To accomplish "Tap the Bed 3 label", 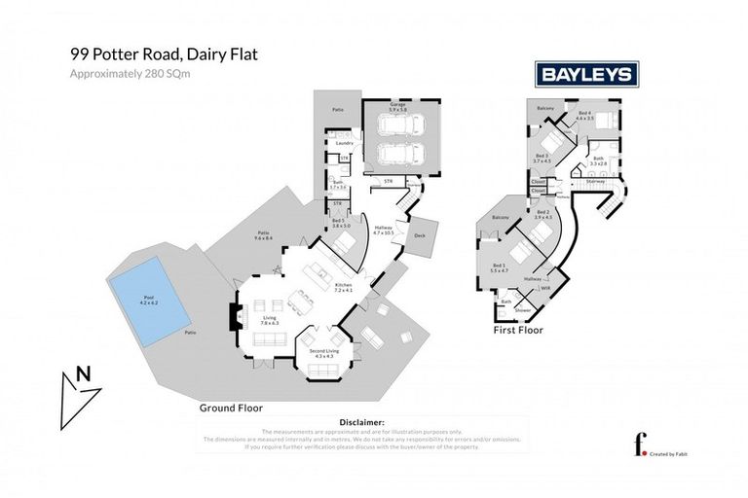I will pyautogui.click(x=542, y=158).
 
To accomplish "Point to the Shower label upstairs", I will pyautogui.click(x=523, y=310).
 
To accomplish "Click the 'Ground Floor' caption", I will pyautogui.click(x=231, y=408).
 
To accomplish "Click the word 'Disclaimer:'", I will pyautogui.click(x=360, y=423).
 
